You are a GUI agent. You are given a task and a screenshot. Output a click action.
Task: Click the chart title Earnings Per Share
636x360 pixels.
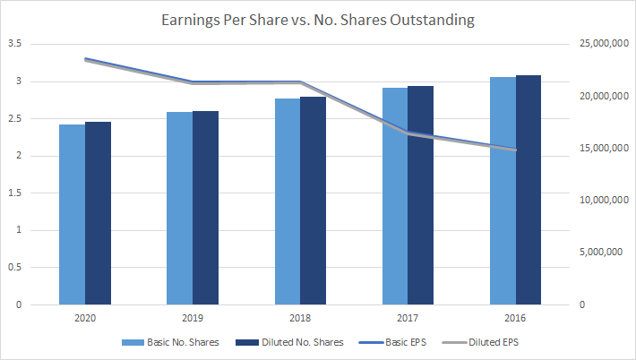(317, 19)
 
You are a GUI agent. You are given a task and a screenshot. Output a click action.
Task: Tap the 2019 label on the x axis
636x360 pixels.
(193, 318)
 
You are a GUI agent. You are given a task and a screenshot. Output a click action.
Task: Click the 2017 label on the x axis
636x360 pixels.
(408, 318)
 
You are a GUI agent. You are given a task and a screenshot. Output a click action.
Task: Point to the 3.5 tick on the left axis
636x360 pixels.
(14, 44)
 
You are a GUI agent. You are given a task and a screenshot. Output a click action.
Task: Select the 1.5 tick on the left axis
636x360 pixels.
(14, 193)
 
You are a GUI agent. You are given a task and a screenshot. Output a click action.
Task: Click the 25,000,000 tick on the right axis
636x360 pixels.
(597, 44)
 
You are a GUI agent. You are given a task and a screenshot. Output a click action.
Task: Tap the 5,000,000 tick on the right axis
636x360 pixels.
(600, 253)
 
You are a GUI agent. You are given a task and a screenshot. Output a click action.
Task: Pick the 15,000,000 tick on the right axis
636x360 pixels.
(597, 149)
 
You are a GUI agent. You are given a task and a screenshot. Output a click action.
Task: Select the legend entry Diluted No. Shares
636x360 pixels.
(286, 342)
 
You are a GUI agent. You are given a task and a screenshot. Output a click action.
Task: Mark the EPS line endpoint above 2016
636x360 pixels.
(515, 150)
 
